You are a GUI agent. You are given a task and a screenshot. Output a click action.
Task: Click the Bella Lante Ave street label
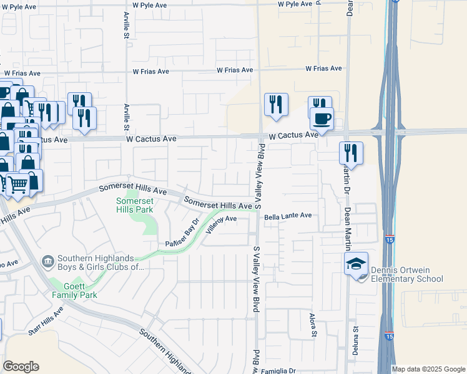click(287, 216)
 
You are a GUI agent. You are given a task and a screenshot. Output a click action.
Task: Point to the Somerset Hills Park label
click(134, 205)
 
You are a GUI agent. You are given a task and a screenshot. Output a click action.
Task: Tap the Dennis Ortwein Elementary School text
click(406, 274)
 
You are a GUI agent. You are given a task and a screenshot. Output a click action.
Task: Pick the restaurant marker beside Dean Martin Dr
click(351, 153)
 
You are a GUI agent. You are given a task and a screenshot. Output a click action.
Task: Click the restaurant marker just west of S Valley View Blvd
click(276, 104)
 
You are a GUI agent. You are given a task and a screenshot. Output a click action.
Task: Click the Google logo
click(21, 367)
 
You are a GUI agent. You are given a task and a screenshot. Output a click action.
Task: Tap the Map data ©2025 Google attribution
click(428, 369)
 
